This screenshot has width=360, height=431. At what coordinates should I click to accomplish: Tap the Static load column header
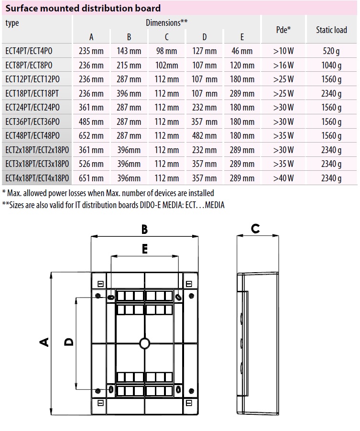pos(331,30)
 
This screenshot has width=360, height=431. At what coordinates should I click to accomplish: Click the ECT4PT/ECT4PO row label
pos(29,51)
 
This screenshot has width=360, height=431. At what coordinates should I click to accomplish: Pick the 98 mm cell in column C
pos(167,51)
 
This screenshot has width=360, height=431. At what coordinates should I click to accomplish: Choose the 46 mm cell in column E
pos(242,51)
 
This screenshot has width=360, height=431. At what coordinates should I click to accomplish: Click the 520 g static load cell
pos(332,51)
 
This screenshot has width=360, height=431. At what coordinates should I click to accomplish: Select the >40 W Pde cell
pos(284,178)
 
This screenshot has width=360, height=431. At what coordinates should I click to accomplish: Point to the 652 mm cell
pos(91,136)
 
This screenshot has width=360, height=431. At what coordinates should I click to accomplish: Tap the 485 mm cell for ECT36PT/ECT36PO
pos(91,122)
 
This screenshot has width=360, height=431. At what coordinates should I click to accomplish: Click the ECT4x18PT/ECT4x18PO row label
pos(37,178)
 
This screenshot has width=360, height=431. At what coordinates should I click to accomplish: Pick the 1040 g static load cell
pos(332,66)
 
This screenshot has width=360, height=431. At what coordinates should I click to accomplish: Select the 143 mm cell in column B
pos(129,51)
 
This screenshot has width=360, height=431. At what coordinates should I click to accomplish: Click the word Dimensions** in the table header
pos(166,22)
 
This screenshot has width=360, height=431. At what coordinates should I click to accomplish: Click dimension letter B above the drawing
pos(145,230)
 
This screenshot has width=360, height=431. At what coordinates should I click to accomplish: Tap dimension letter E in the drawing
pos(145,249)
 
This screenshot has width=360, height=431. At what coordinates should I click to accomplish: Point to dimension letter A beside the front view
pos(44,342)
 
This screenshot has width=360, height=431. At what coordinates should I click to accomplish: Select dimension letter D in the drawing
pos(69,342)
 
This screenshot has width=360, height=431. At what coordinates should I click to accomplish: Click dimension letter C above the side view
pos(256,229)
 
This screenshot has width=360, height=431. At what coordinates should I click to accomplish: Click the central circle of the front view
pos(144,343)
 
